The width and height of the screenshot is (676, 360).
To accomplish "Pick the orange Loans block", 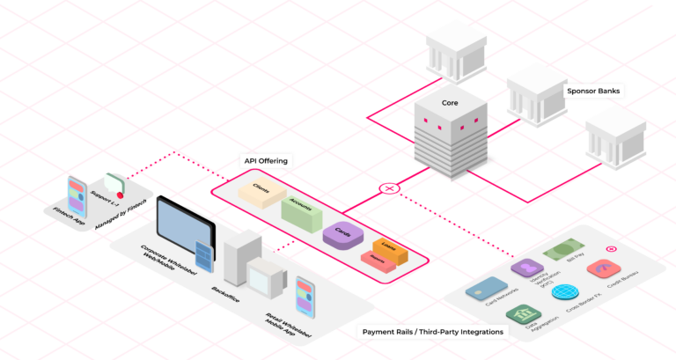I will [388, 247].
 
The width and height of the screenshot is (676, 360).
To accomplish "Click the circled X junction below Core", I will [389, 187].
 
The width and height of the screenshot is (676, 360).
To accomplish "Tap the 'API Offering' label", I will [266, 161].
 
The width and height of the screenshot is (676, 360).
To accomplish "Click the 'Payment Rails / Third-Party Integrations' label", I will [433, 332].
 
